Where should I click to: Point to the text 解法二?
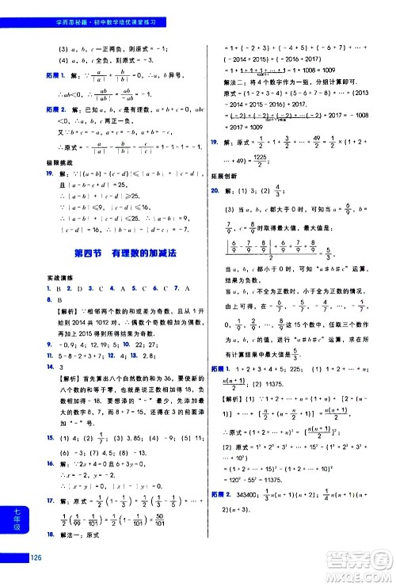(234, 81)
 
